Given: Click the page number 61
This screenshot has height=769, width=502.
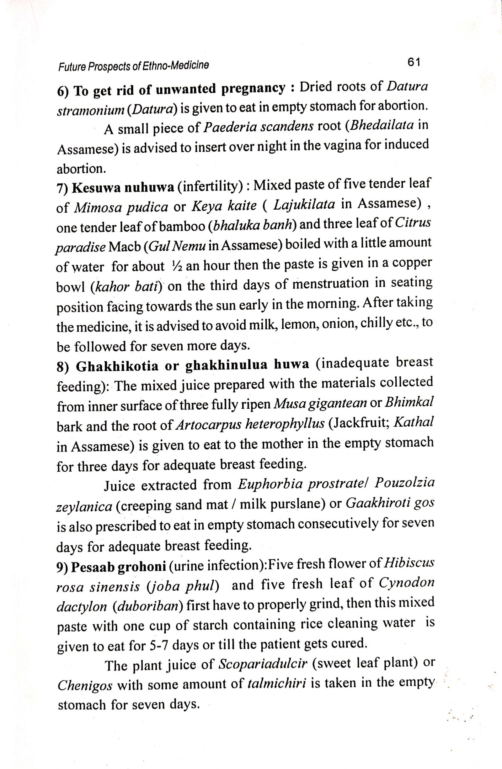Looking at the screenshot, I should coord(414,62).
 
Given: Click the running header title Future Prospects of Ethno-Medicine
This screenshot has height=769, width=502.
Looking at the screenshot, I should coord(133,66).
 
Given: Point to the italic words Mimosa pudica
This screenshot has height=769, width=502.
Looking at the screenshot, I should coord(121,207).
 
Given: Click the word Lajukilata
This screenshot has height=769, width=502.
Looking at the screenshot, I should coord(304,205).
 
